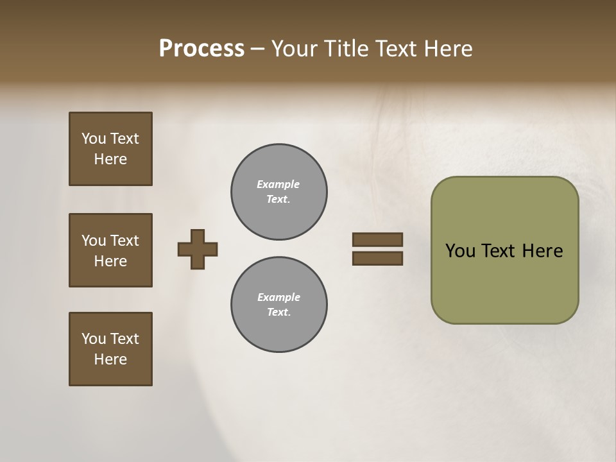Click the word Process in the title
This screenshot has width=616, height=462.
tap(201, 48)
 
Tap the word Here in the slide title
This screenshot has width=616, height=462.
tap(449, 48)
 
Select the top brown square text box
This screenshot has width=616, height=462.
tap(110, 149)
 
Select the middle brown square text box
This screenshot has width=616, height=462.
tap(110, 250)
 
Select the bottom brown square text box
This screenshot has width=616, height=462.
tap(110, 349)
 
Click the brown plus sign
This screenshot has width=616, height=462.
tap(198, 249)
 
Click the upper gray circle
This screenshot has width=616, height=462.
tap(279, 192)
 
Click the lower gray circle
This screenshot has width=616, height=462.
tap(279, 305)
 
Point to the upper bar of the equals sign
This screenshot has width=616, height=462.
tap(377, 239)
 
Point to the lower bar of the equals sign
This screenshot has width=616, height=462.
tap(377, 259)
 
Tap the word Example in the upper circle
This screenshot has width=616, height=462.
tap(278, 184)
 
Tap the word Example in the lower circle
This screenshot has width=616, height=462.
tap(278, 297)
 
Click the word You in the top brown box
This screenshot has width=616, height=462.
tap(94, 139)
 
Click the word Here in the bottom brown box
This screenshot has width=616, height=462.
tap(110, 359)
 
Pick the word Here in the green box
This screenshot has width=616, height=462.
tap(542, 251)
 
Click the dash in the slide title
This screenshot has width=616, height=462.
tap(257, 49)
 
